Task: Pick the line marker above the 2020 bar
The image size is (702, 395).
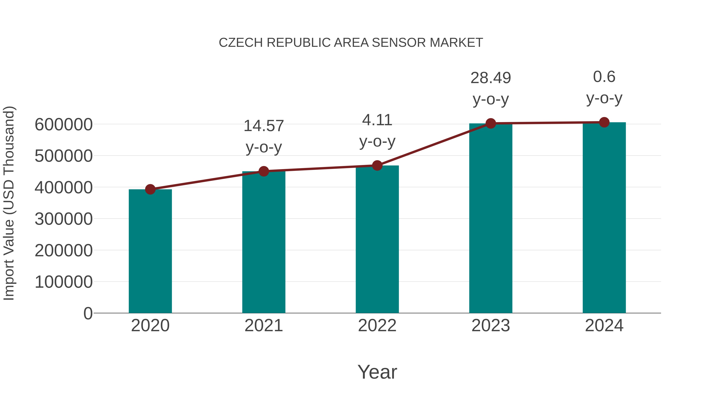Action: [150, 189]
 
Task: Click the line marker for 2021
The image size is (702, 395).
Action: [263, 171]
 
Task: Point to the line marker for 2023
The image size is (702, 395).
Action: [491, 123]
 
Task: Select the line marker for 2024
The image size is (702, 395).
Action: [604, 122]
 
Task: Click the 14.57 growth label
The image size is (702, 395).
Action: [263, 126]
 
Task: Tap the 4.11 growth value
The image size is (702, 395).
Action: [377, 120]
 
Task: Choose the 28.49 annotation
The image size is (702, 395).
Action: [491, 78]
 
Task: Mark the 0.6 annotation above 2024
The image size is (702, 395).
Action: [604, 77]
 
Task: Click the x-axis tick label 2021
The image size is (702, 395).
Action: [263, 326]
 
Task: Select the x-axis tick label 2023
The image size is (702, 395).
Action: [491, 326]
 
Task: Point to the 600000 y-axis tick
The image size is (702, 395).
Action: [64, 125]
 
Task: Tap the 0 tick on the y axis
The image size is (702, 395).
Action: [88, 313]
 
